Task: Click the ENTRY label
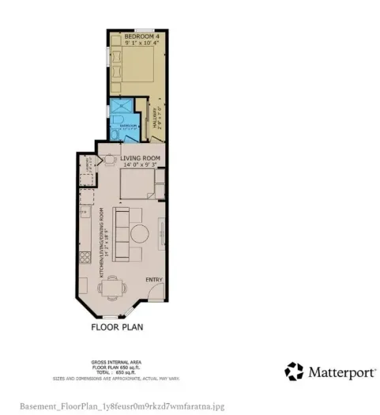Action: [152, 280]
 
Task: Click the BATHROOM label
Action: [126, 125]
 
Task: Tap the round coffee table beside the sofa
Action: [141, 235]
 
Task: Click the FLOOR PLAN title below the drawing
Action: [117, 326]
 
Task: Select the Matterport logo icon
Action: [295, 372]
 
